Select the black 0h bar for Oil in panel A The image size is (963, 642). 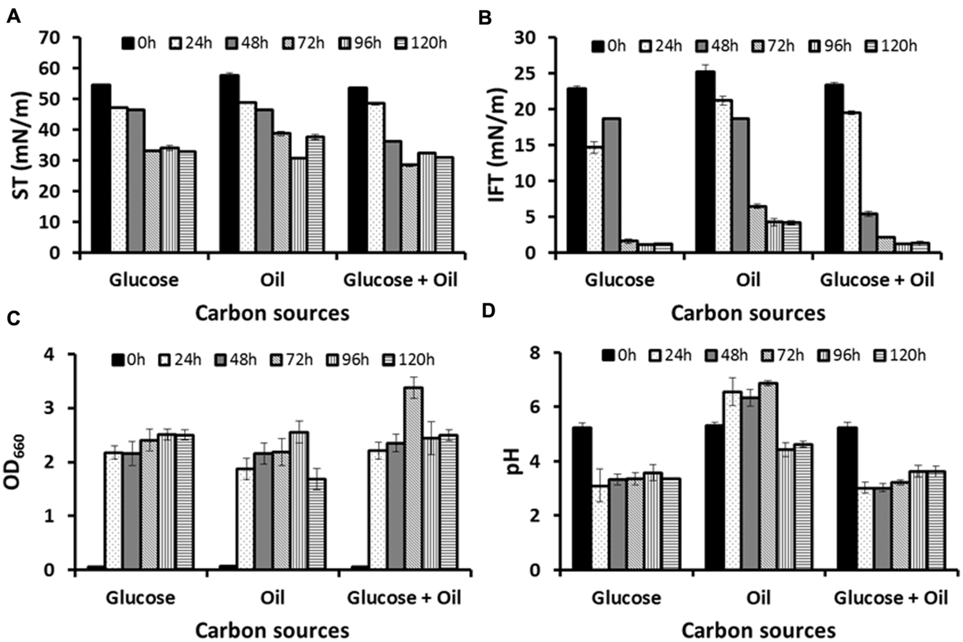230,164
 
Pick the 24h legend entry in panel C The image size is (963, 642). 180,360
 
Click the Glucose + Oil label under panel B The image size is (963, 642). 877,280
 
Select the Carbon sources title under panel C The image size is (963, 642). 272,630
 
